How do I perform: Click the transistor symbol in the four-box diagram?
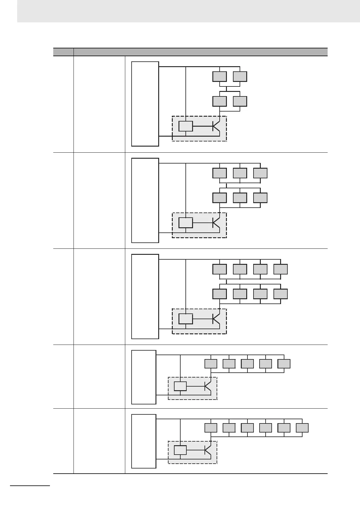coord(216,126)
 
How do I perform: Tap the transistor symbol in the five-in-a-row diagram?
coord(208,387)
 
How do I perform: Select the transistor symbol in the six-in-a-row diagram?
coord(208,450)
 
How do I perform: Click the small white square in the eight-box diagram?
coord(185,319)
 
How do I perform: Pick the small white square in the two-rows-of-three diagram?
coord(185,223)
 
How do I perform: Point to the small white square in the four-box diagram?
coord(185,126)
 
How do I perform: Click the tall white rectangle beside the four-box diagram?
coord(145,104)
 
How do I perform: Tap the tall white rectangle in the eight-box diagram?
coord(145,297)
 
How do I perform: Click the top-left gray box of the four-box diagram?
coord(219,76)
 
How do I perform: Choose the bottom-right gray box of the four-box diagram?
coord(240,101)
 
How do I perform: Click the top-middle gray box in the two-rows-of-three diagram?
coord(240,173)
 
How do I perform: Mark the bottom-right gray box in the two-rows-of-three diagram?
coord(260,198)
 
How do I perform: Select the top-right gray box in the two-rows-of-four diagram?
coord(280,269)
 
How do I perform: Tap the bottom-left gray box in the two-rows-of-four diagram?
coord(219,294)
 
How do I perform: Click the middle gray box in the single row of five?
coord(247,364)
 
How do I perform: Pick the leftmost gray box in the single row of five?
coord(211,364)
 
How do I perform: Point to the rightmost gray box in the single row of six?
coord(302,428)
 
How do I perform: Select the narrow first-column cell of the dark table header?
coord(63,52)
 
